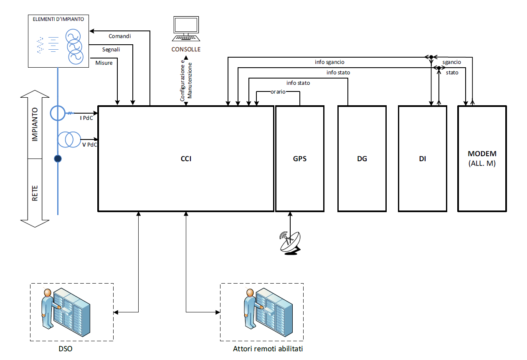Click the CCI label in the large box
click(x=186, y=159)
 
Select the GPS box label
click(x=299, y=159)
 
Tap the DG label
click(x=362, y=159)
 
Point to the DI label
click(x=423, y=159)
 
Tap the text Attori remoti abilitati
click(x=268, y=348)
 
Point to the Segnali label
click(x=111, y=50)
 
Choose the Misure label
click(x=104, y=63)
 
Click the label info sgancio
click(x=329, y=62)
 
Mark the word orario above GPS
click(x=278, y=91)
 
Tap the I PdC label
click(x=86, y=118)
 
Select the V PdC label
click(x=89, y=144)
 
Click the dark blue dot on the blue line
click(x=58, y=159)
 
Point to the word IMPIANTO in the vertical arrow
click(x=35, y=124)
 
